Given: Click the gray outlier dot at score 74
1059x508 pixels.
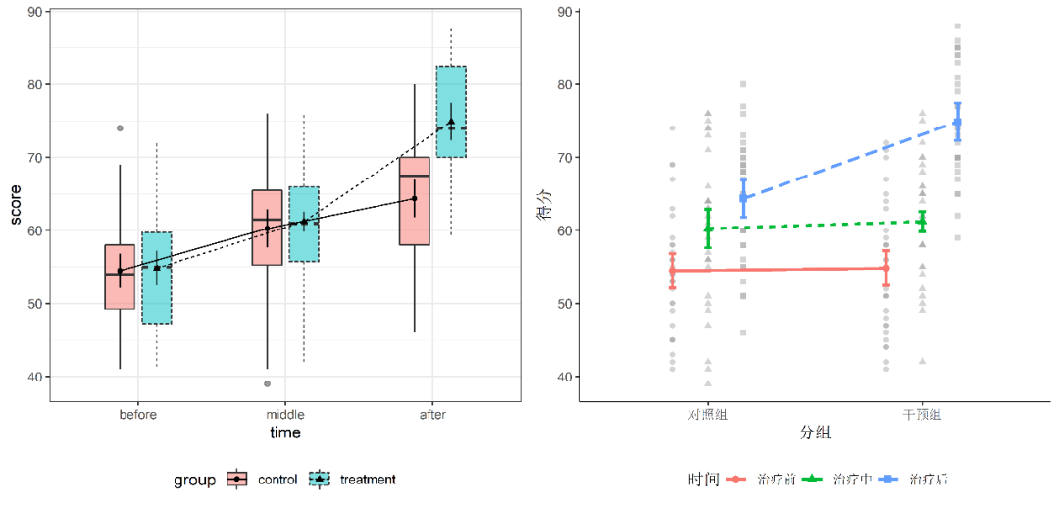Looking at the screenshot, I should pyautogui.click(x=120, y=128).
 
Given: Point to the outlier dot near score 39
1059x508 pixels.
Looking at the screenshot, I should pyautogui.click(x=268, y=383).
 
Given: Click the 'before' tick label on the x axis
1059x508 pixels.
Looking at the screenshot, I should pyautogui.click(x=138, y=415).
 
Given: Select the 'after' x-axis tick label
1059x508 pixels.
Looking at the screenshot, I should pyautogui.click(x=432, y=415).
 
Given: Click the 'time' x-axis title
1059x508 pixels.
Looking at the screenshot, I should pyautogui.click(x=285, y=432).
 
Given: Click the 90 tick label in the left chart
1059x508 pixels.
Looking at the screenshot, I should pyautogui.click(x=34, y=12).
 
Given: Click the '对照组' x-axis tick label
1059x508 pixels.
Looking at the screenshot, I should pyautogui.click(x=707, y=415).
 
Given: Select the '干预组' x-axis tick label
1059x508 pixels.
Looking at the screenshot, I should pyautogui.click(x=922, y=415).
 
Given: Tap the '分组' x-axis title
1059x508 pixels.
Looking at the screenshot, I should pyautogui.click(x=815, y=432).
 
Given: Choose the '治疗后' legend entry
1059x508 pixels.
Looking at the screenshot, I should pyautogui.click(x=928, y=480).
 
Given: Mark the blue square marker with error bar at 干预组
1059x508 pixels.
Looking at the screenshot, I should pyautogui.click(x=957, y=123).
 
